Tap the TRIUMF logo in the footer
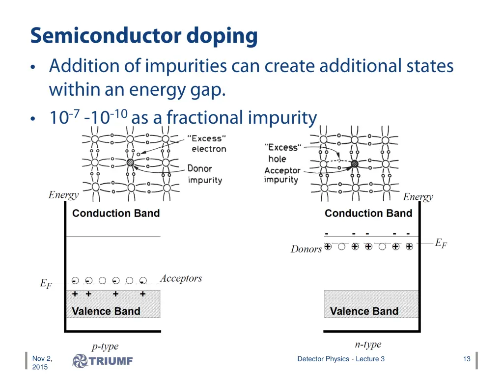(103, 361)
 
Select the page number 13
(467, 359)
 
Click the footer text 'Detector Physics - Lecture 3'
(341, 359)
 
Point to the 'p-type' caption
(105, 347)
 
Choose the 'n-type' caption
(368, 344)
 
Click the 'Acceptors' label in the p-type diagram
(181, 278)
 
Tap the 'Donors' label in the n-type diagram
(306, 249)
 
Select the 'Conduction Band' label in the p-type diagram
(116, 213)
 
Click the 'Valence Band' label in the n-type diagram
(364, 311)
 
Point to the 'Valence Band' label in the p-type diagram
(106, 311)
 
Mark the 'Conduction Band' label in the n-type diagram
(368, 213)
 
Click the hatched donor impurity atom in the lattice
(130, 162)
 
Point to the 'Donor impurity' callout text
(205, 174)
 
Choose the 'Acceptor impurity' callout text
(282, 175)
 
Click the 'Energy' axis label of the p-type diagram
(63, 195)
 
